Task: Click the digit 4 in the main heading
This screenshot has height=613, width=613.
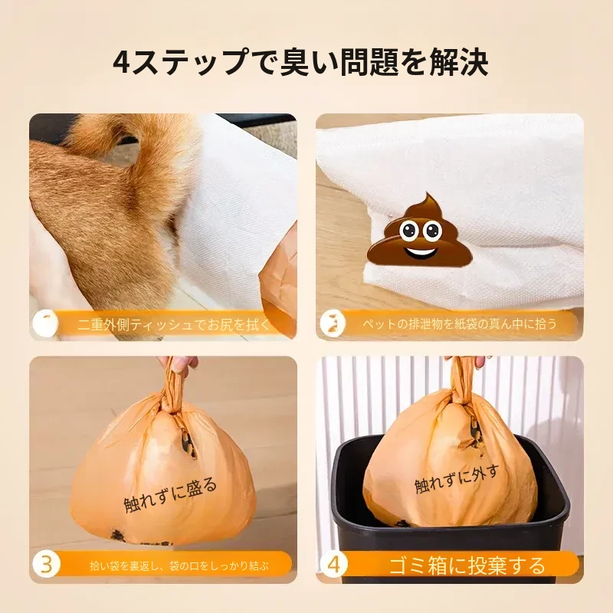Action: coord(122,62)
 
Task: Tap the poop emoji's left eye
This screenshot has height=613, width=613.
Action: coord(408,231)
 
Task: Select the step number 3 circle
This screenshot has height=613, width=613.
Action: coord(46,564)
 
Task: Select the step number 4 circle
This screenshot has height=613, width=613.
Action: coord(333,564)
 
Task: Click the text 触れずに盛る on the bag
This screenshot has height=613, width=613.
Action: coord(170,494)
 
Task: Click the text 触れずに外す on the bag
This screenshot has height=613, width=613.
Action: coord(457,479)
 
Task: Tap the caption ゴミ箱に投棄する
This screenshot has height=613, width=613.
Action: coord(467,565)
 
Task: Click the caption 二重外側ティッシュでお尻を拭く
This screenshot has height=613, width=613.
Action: coord(174,324)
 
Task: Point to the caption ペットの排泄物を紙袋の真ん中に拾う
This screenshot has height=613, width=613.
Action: coord(460,323)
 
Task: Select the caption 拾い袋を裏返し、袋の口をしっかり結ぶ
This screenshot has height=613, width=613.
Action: coord(179,565)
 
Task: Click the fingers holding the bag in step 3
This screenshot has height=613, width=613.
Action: coord(178,362)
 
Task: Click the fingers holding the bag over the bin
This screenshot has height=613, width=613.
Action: coord(467,362)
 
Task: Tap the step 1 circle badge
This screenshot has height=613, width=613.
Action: coord(46,323)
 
